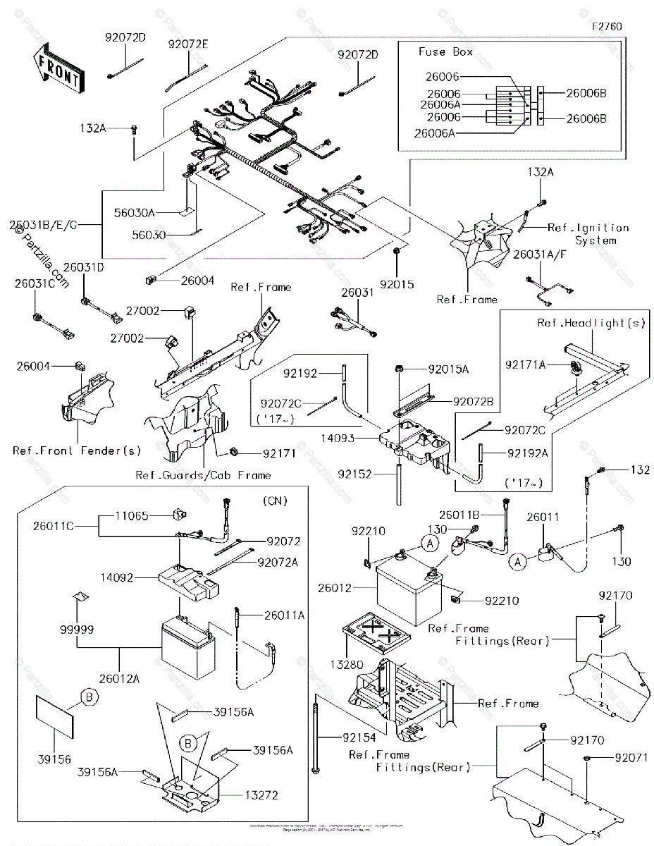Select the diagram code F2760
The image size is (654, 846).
(607, 26)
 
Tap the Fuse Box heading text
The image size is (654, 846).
(446, 52)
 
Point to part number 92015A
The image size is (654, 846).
(450, 369)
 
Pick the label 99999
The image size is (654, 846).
(77, 627)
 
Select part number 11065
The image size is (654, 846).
(132, 516)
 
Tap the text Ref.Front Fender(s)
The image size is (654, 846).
(77, 450)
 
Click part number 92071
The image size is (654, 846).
(631, 758)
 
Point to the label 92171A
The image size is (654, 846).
(525, 364)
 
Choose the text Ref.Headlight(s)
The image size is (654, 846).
(591, 323)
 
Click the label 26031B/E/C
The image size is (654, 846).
(44, 225)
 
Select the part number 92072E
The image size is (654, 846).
(188, 44)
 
